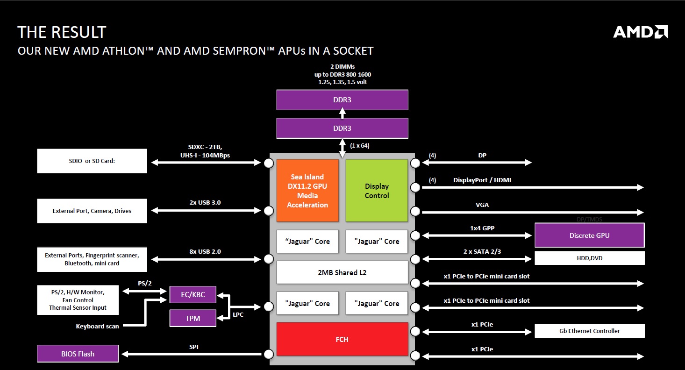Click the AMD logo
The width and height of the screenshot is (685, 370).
point(640,32)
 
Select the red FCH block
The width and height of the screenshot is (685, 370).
point(342,339)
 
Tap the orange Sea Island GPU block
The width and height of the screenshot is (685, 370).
point(307,191)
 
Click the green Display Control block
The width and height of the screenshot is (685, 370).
point(377,191)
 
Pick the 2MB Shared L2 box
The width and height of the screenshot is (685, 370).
point(342,272)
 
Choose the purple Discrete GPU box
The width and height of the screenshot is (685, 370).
point(590,235)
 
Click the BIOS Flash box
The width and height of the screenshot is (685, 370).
point(78,354)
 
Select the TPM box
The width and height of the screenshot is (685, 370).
point(193,318)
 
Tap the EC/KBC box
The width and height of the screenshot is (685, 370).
point(193,294)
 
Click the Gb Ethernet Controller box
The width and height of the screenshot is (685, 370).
point(590,331)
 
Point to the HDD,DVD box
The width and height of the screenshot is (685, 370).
point(590,258)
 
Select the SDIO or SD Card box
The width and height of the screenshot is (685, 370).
point(92,161)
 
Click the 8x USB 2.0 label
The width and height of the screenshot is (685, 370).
point(205,252)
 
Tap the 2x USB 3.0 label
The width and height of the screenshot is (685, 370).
point(205,202)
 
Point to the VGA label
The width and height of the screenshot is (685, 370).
point(482,205)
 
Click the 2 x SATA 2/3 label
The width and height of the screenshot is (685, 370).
point(482,252)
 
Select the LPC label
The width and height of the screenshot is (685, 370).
point(238,315)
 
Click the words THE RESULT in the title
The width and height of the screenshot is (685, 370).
point(62,32)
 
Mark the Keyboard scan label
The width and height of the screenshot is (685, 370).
point(97,326)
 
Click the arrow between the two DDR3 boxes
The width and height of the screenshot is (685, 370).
point(342,114)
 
